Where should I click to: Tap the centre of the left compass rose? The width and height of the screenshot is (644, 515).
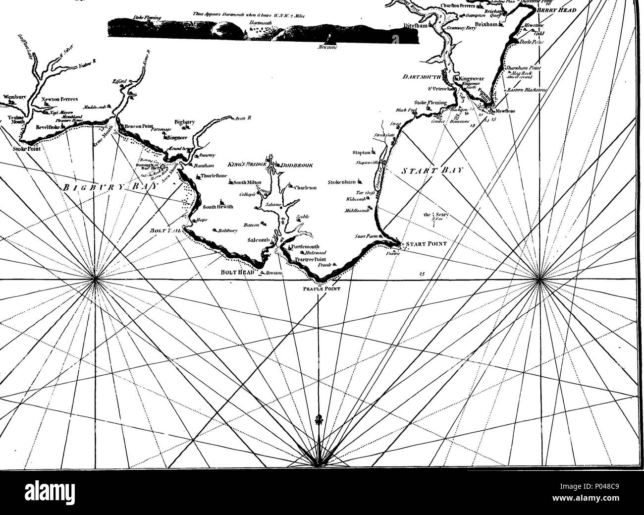point(94,280)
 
